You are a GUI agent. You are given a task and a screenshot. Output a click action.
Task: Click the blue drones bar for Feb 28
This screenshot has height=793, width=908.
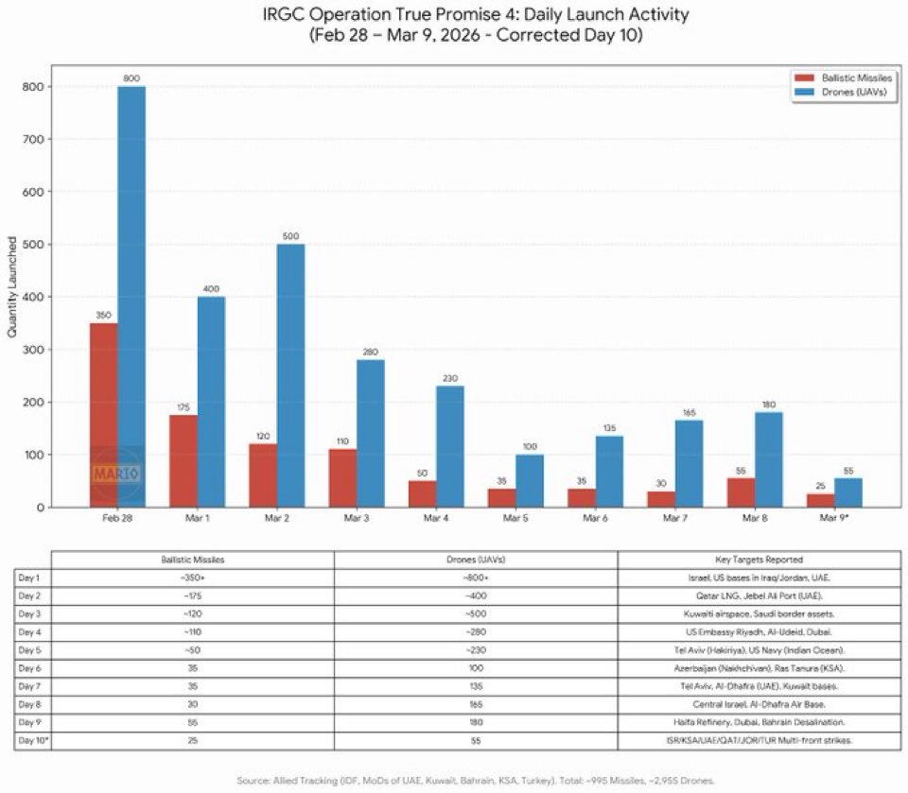131,297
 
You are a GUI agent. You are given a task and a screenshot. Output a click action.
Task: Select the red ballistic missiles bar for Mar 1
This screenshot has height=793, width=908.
183,461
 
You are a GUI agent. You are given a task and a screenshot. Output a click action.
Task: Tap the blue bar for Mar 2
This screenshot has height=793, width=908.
290,375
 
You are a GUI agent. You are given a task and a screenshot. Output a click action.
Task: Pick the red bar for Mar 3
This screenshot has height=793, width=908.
342,478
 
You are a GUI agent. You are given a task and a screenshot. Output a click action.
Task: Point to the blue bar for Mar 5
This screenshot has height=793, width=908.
529,481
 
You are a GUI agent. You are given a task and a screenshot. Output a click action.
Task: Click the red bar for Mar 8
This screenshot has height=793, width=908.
741,492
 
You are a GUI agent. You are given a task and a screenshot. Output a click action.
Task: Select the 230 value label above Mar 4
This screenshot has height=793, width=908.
449,379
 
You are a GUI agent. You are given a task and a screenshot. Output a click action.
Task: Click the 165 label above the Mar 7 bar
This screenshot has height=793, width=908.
688,413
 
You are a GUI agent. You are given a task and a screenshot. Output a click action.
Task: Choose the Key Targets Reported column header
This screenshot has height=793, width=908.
760,560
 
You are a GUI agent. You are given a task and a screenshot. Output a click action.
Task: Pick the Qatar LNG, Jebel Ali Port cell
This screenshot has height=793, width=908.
760,595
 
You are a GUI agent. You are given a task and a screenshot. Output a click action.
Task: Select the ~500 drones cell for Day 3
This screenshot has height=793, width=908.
476,613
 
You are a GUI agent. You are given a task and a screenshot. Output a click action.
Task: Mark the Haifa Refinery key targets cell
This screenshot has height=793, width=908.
760,721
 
